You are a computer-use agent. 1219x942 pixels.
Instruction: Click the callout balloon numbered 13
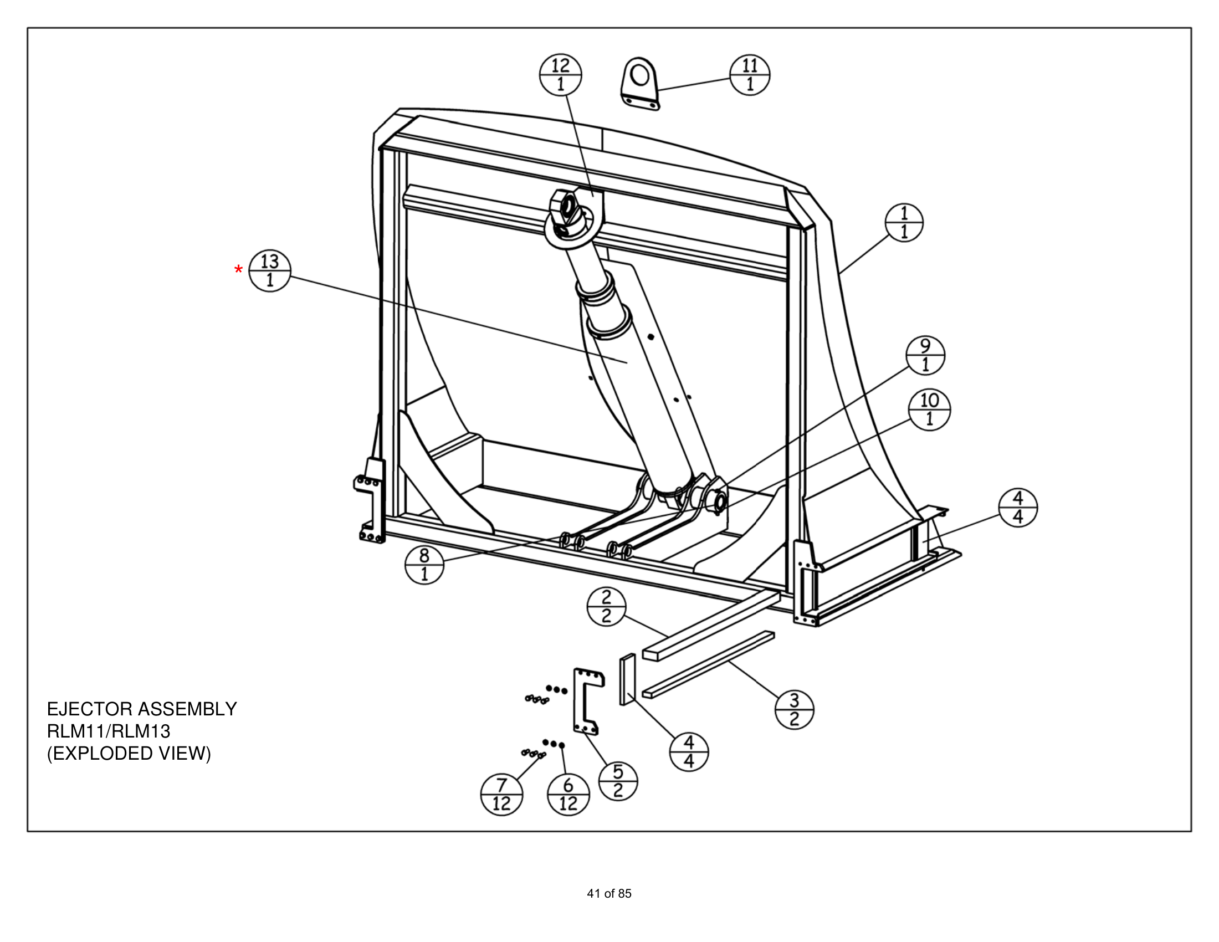[x=270, y=271]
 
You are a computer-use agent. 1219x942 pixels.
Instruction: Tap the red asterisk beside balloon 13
[x=239, y=270]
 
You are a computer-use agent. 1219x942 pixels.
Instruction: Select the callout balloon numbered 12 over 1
[x=560, y=75]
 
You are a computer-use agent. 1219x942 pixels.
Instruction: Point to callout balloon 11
[x=750, y=75]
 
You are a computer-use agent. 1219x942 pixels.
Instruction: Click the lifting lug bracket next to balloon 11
[x=640, y=84]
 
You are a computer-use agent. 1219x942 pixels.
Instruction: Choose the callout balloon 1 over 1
[x=904, y=222]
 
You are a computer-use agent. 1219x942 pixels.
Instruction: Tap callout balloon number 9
[x=925, y=356]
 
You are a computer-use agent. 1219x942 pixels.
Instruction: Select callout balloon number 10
[x=929, y=409]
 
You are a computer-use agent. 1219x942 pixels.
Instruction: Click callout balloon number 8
[x=424, y=564]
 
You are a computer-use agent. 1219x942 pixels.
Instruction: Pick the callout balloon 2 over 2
[x=606, y=607]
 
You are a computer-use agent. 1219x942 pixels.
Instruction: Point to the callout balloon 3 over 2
[x=794, y=709]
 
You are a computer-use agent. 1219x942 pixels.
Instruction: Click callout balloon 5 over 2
[x=618, y=781]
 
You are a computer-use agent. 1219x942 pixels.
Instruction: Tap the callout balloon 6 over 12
[x=568, y=795]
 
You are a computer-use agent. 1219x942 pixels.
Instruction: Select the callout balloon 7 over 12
[x=501, y=795]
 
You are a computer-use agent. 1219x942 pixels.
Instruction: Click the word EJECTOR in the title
[x=90, y=709]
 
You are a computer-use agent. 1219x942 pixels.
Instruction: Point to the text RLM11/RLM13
[x=108, y=731]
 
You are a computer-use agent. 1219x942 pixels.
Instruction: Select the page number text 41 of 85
[x=609, y=893]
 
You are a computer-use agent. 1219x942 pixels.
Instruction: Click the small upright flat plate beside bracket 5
[x=627, y=680]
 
